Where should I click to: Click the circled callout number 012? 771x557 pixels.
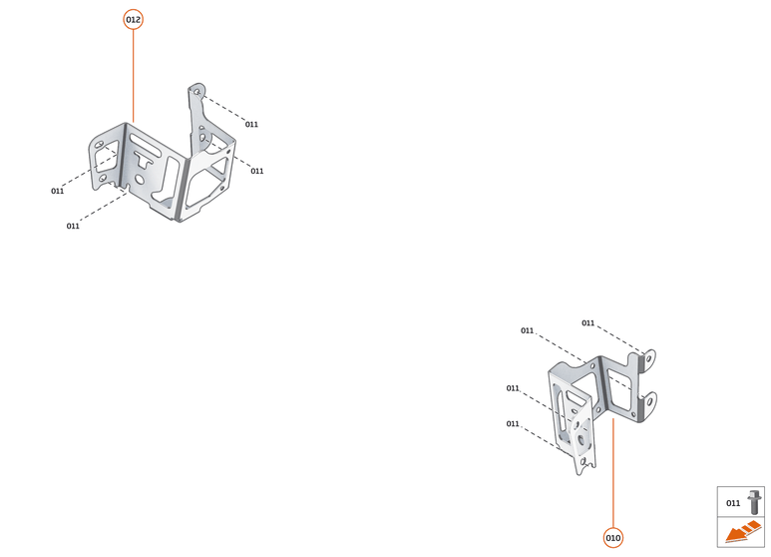coord(133,20)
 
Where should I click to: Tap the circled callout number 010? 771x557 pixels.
coord(612,538)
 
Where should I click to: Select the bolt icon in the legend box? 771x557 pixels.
coord(754,502)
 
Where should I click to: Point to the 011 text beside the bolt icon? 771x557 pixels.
coord(733,503)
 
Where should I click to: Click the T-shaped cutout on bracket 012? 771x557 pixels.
coord(144,159)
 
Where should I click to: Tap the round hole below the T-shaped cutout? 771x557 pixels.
coord(140,180)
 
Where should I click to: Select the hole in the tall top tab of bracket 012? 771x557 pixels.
coord(196,92)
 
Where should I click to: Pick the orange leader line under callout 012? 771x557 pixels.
coord(133,76)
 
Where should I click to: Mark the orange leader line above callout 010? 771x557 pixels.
coord(612,473)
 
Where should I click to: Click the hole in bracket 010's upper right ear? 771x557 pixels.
coord(648,358)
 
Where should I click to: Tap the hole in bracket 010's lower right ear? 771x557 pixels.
coord(649,402)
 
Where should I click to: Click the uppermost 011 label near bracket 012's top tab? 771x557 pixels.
coord(251,125)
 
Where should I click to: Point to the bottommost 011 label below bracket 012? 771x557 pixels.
coord(73,227)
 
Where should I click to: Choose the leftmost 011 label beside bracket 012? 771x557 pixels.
coord(58,191)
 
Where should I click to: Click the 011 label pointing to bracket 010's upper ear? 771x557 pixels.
coord(588,323)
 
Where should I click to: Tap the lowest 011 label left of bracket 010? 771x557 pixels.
coord(513,423)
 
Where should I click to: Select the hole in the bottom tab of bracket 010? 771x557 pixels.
coord(583,462)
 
